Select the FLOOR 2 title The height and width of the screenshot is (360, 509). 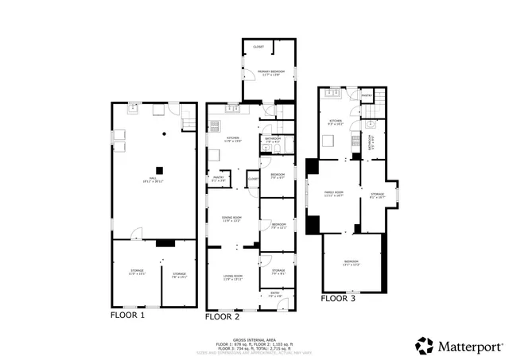tap(223, 316)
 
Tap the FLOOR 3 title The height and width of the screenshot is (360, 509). tap(339, 299)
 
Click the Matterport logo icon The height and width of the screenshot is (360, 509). tap(425, 346)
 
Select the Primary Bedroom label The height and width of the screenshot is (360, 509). tap(270, 72)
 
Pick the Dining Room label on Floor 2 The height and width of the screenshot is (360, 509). tap(231, 219)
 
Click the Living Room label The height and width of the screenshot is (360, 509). tap(231, 278)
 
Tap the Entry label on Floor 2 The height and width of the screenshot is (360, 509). tap(275, 294)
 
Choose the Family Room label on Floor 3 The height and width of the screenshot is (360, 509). tap(333, 193)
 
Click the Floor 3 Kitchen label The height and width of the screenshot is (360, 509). tap(335, 122)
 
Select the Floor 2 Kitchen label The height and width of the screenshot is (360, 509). tap(232, 139)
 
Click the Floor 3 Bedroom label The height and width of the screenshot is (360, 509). tap(351, 262)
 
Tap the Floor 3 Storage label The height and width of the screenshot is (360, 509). tap(377, 195)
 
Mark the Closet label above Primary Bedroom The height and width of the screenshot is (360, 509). tap(258, 47)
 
